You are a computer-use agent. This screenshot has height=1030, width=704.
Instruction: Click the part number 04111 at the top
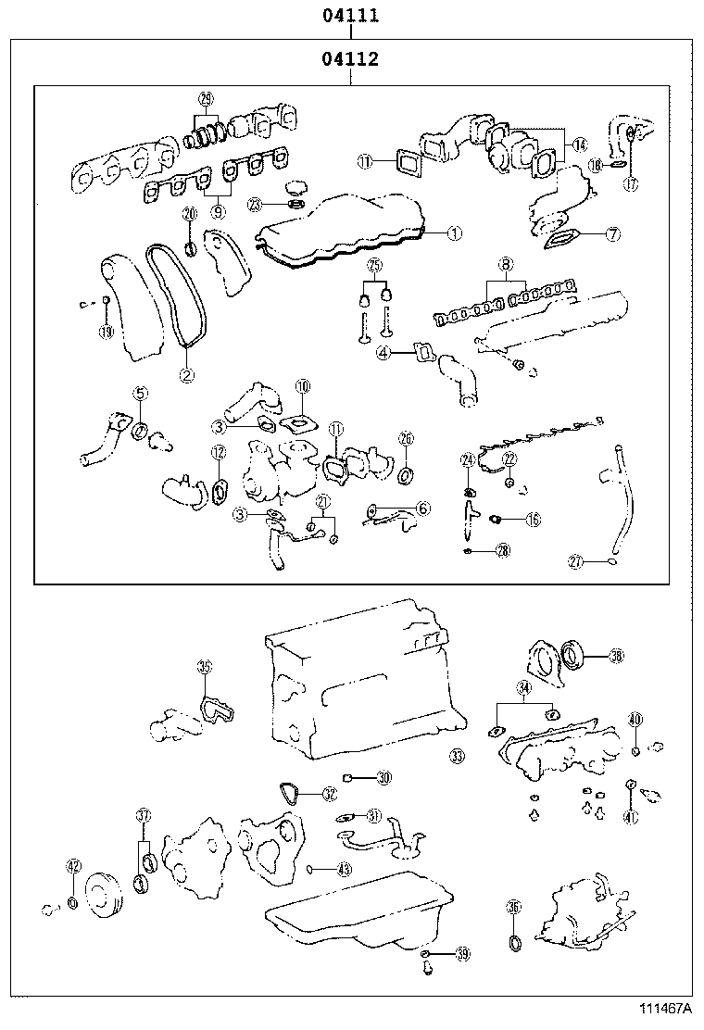tap(350, 16)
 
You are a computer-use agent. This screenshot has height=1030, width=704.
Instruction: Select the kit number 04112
tap(350, 61)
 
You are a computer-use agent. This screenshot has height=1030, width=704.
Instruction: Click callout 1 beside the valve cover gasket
tap(453, 234)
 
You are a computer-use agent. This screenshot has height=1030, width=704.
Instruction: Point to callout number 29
tap(206, 99)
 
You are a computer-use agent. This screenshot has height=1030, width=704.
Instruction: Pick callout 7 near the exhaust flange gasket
tap(612, 234)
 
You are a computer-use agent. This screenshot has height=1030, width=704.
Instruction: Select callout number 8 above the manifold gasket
tap(506, 265)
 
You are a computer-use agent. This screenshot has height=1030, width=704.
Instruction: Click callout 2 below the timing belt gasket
tap(186, 375)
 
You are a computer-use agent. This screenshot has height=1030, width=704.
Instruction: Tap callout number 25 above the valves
tap(374, 265)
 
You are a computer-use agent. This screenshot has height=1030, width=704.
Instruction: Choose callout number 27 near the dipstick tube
tap(575, 561)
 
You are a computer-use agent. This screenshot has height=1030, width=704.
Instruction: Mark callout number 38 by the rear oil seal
tap(616, 657)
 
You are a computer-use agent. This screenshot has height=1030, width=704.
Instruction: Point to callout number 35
tap(205, 667)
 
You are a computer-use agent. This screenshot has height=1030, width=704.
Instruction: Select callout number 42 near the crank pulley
tap(74, 867)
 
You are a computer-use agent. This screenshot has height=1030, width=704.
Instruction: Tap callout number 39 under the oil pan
tap(463, 954)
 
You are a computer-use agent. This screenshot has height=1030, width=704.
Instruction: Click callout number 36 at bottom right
tap(514, 909)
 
